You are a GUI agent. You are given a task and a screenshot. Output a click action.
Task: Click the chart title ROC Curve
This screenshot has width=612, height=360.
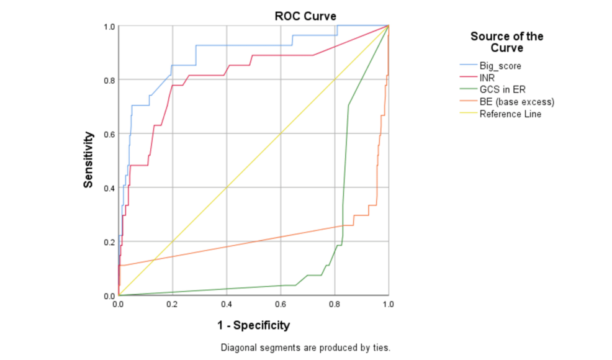click(x=305, y=16)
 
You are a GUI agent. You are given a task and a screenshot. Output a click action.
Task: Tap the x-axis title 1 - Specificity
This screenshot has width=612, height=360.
click(x=253, y=325)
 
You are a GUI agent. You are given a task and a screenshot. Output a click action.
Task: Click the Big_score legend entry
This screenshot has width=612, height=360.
click(x=500, y=65)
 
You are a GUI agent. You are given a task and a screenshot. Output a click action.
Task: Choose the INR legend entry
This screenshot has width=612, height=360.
click(x=487, y=78)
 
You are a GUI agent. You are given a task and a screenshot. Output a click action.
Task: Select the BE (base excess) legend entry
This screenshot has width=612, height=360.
click(x=516, y=102)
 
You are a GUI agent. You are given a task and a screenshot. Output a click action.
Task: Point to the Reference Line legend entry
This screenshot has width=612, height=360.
click(x=510, y=114)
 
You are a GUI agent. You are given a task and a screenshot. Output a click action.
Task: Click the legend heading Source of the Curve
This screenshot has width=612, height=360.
click(x=506, y=42)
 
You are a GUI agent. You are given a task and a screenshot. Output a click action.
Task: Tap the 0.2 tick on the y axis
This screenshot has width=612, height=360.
click(x=109, y=241)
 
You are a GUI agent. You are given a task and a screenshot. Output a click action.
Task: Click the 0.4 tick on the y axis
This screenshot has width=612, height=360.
click(x=109, y=187)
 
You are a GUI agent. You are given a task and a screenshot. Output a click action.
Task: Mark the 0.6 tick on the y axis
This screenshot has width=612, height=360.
click(x=109, y=133)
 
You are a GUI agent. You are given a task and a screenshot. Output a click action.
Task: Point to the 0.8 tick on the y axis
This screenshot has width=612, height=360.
click(x=109, y=80)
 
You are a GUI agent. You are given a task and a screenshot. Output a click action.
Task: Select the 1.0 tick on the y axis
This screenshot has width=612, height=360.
click(x=109, y=26)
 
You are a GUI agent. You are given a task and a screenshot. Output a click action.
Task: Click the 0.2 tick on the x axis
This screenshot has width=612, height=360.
click(x=172, y=305)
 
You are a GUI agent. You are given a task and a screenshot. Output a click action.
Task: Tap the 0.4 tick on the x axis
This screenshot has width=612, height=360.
click(x=226, y=305)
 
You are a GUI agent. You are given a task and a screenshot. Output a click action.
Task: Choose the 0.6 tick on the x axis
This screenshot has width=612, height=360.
click(x=281, y=305)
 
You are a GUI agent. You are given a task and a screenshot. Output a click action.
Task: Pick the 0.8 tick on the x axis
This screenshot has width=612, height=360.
click(x=335, y=305)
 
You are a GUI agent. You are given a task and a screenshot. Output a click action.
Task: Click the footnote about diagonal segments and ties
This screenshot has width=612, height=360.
click(x=305, y=348)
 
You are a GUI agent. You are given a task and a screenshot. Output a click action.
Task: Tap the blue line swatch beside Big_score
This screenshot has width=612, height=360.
click(x=467, y=65)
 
